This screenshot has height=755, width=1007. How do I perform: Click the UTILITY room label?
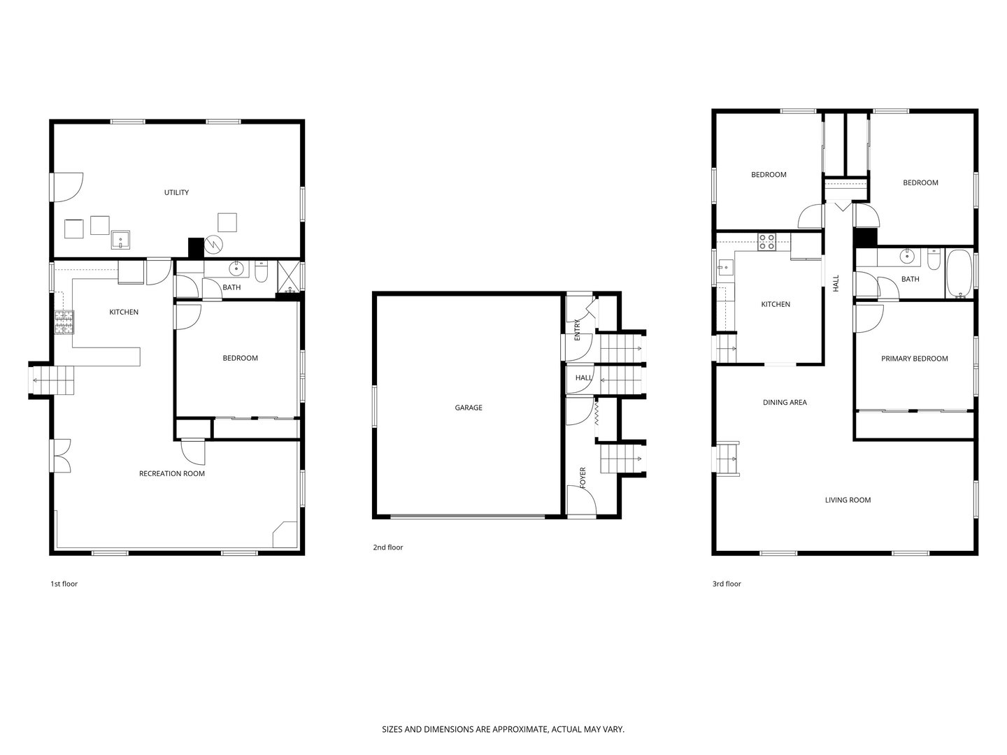pos(176,192)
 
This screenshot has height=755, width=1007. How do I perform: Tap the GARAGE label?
pos(468,408)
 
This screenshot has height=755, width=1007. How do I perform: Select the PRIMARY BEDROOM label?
pos(914,359)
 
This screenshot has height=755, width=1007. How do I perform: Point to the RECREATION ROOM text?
pos(171,473)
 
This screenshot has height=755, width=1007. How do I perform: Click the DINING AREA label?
pos(784,403)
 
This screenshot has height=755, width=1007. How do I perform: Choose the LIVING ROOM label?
pos(848,500)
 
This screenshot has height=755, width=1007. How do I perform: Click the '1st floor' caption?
pos(64,584)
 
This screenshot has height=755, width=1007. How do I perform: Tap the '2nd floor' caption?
pos(387,547)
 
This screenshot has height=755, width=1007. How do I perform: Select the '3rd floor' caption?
pos(727,584)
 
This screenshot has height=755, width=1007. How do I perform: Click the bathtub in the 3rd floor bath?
pos(959,273)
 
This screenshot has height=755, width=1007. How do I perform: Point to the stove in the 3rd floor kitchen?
pos(766,242)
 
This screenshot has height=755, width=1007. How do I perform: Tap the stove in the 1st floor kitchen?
pos(64,322)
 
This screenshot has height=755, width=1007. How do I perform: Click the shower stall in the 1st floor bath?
pos(289,277)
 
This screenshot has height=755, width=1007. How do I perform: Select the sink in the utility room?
pos(120,240)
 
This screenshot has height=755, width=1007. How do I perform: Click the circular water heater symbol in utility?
pos(213,245)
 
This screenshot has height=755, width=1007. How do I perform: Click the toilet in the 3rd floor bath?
pos(933,259)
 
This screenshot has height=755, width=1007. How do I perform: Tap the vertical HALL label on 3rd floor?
pos(836,283)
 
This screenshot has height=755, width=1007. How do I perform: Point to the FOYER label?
pos(583,477)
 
